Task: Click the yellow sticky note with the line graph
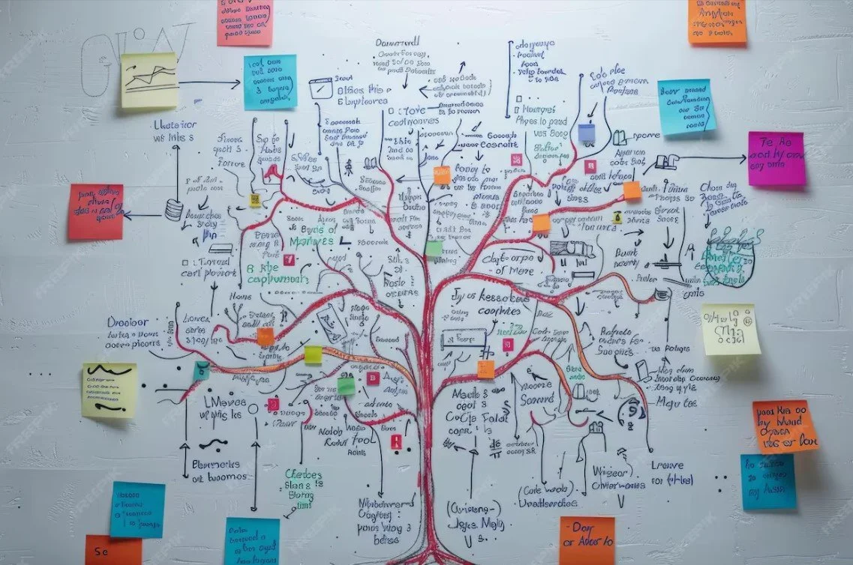[x=149, y=80]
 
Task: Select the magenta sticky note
[x=776, y=159]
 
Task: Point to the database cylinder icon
[x=173, y=210]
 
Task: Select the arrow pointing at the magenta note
[x=713, y=158]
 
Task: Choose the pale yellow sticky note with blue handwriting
[x=730, y=330]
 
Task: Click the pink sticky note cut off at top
[x=245, y=21]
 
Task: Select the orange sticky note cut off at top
[x=717, y=21]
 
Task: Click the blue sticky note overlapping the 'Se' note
[x=137, y=510]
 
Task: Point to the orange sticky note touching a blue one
[x=785, y=426]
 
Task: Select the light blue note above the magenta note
[x=686, y=107]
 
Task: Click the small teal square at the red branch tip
[x=201, y=370]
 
